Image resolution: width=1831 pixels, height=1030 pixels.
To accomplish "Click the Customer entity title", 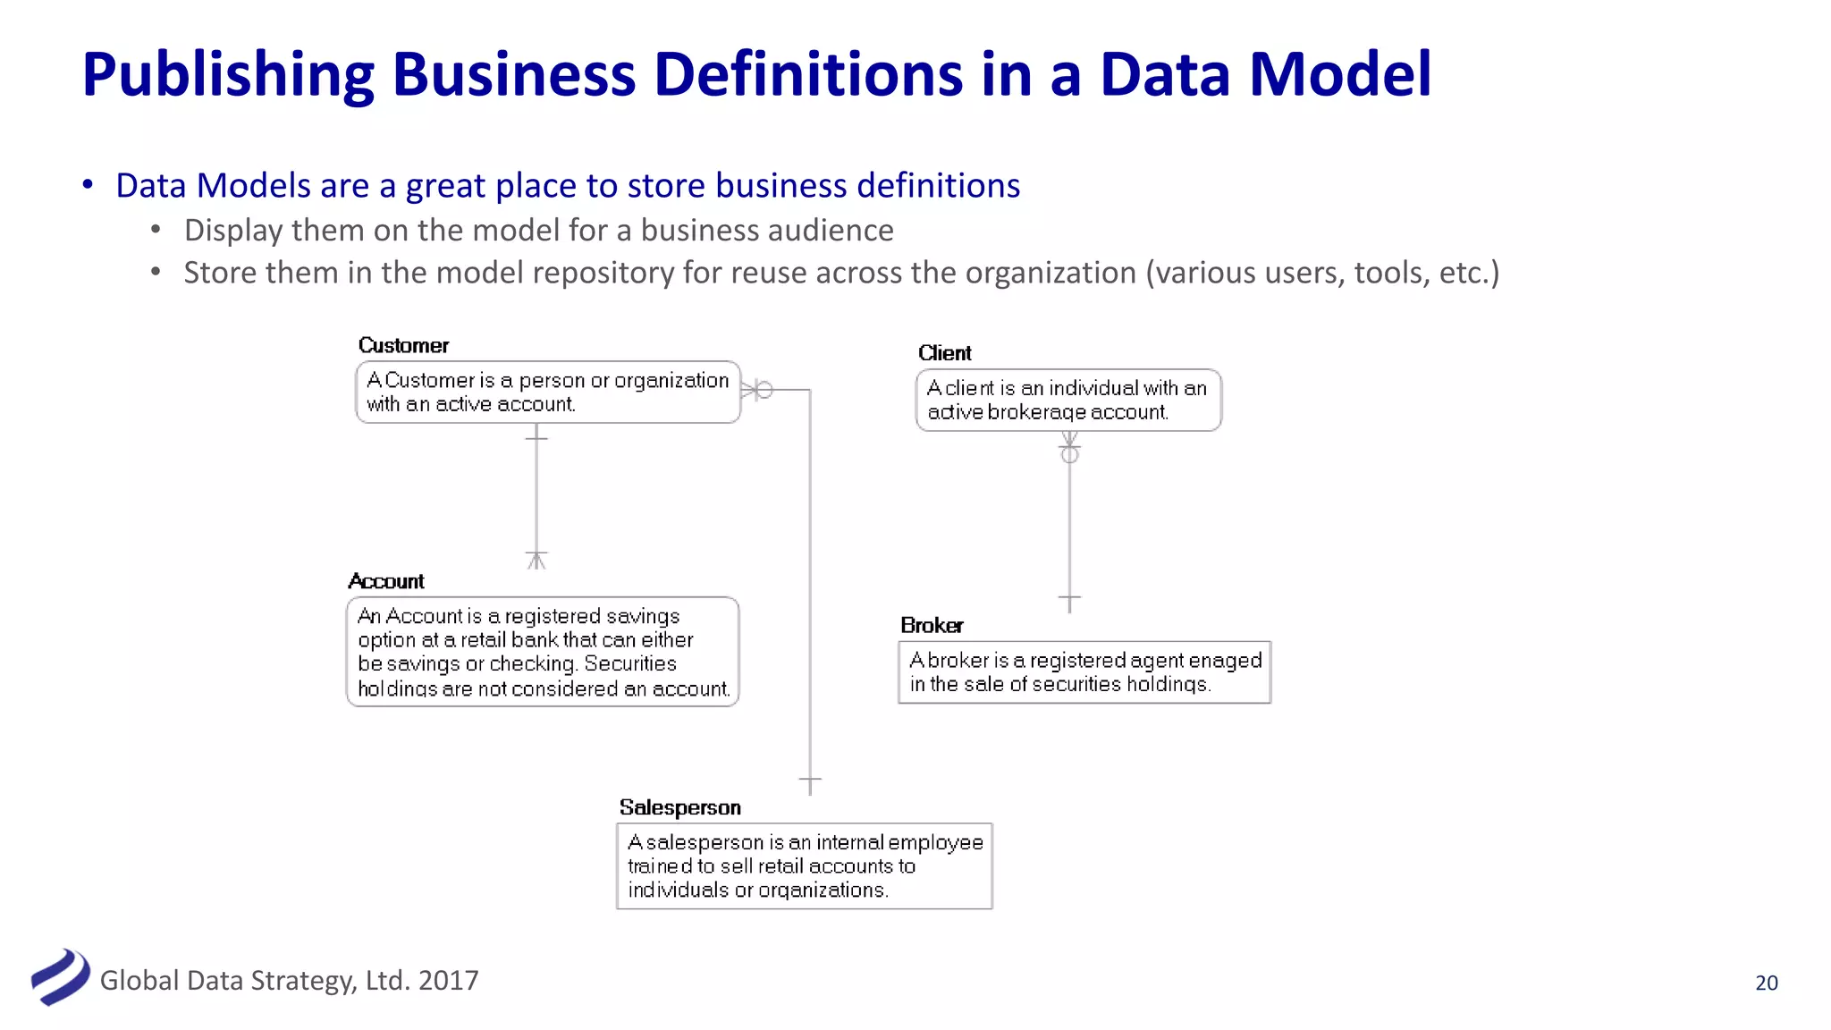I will click(403, 346).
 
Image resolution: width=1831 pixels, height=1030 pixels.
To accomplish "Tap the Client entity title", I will click(944, 353).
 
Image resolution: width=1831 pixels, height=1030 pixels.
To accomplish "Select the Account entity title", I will click(386, 582).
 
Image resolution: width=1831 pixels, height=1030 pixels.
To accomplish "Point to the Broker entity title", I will click(932, 626).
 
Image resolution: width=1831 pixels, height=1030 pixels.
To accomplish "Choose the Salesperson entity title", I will click(679, 808).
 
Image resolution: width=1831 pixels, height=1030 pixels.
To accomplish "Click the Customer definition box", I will click(548, 393).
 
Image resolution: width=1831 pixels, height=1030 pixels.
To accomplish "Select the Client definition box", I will click(1068, 401).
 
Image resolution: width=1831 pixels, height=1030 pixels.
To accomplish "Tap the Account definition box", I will click(543, 652).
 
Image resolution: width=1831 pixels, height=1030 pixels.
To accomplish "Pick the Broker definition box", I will click(1084, 672).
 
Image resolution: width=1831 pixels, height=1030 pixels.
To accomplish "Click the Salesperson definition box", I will click(805, 866).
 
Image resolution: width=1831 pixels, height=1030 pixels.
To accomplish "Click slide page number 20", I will click(1767, 983).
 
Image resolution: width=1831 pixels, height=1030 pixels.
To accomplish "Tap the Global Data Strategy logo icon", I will click(60, 977).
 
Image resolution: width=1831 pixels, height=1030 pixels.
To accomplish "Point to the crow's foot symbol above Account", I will click(536, 561).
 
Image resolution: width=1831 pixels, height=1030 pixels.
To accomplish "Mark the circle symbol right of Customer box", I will click(764, 391).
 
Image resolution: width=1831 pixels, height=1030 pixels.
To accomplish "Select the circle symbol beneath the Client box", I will click(1069, 455).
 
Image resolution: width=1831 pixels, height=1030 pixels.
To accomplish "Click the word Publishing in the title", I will click(228, 74).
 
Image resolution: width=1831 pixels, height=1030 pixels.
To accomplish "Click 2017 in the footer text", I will click(448, 981).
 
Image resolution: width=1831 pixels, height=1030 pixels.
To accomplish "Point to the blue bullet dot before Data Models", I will click(88, 184).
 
